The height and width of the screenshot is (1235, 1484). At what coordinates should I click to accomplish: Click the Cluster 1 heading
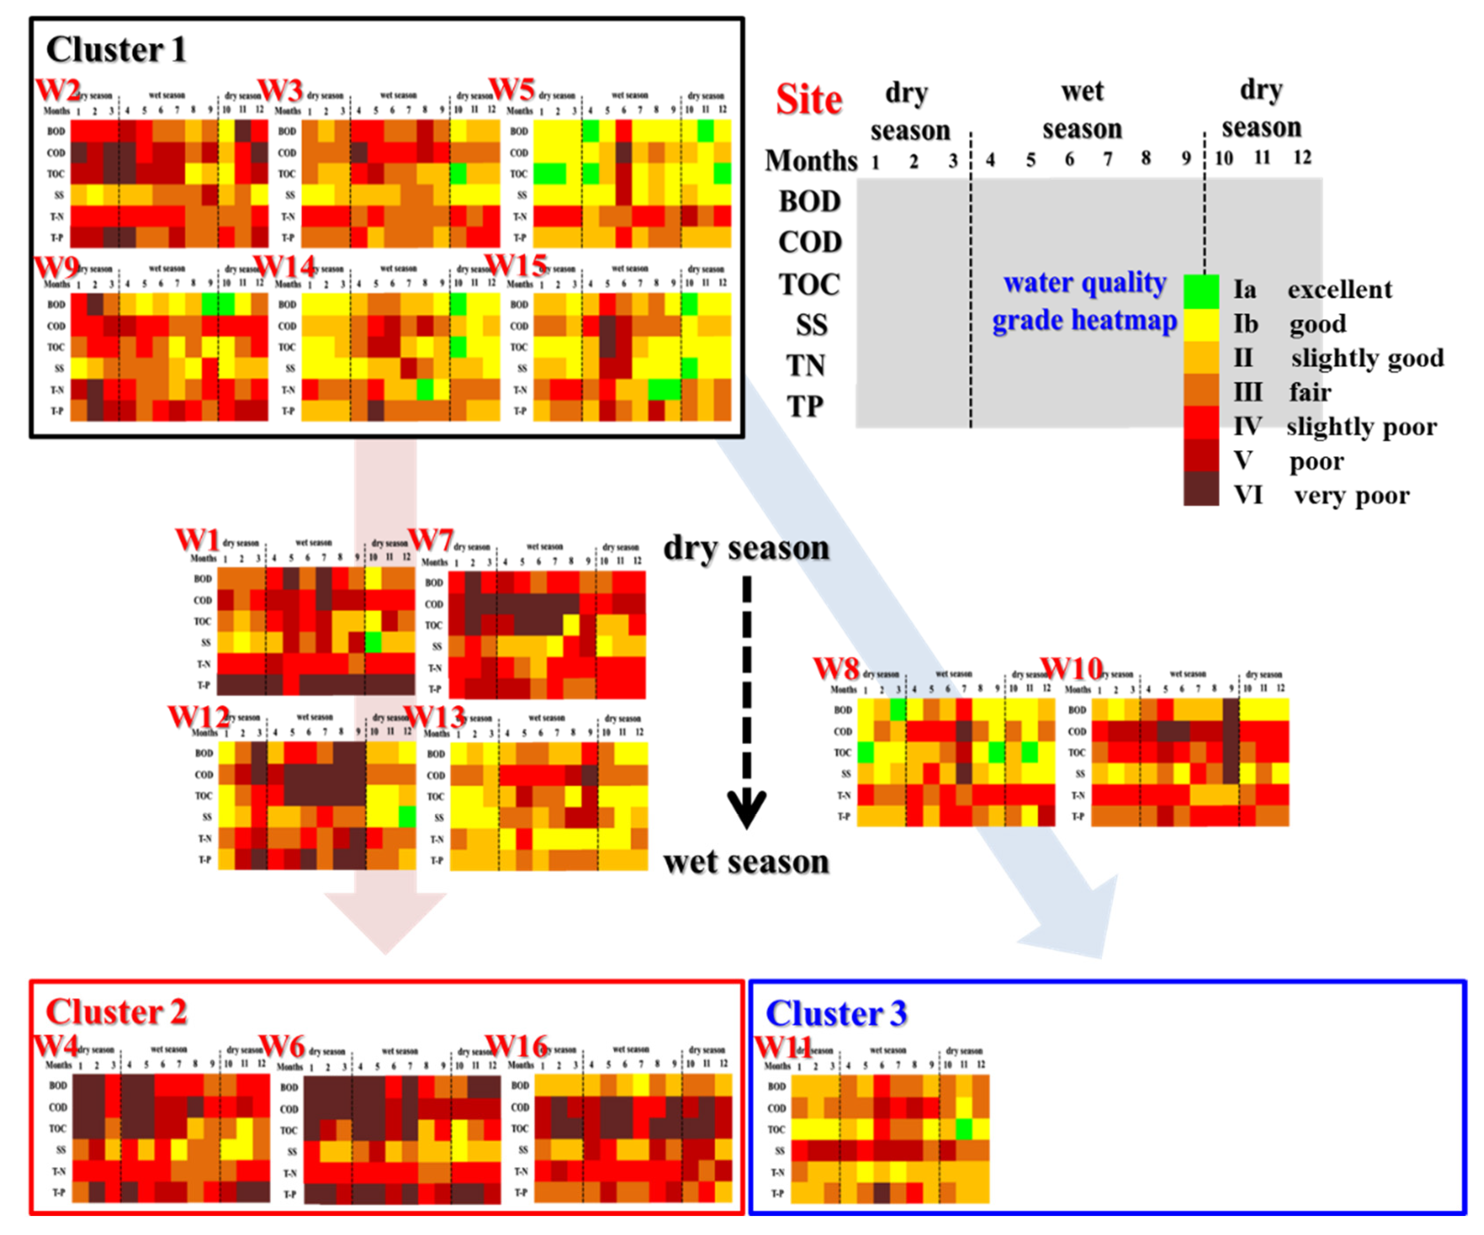116,50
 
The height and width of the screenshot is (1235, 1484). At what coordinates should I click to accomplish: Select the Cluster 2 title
116,1012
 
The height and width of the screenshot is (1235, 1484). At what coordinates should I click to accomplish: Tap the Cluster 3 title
836,1014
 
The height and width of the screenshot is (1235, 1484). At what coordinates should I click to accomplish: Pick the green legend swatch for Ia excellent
1201,291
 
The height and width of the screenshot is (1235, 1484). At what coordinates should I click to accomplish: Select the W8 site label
836,668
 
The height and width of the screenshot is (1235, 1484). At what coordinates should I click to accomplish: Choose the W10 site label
1071,668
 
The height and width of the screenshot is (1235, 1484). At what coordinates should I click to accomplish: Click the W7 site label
430,540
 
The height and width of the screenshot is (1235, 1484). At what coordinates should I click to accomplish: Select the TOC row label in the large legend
810,285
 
